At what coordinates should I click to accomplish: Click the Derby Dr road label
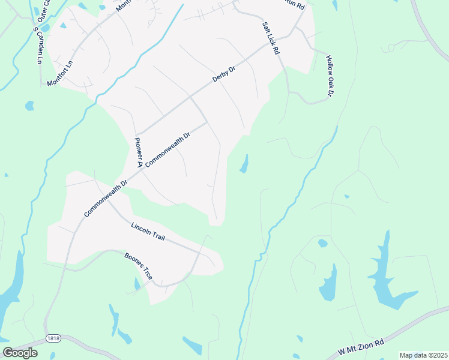point(224,74)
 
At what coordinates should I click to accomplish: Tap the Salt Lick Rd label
point(271,39)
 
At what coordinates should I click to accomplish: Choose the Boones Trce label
point(139,266)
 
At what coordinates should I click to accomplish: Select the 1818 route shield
point(52,338)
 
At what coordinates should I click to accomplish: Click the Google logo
point(20,353)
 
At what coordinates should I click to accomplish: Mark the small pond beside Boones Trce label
point(137,283)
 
